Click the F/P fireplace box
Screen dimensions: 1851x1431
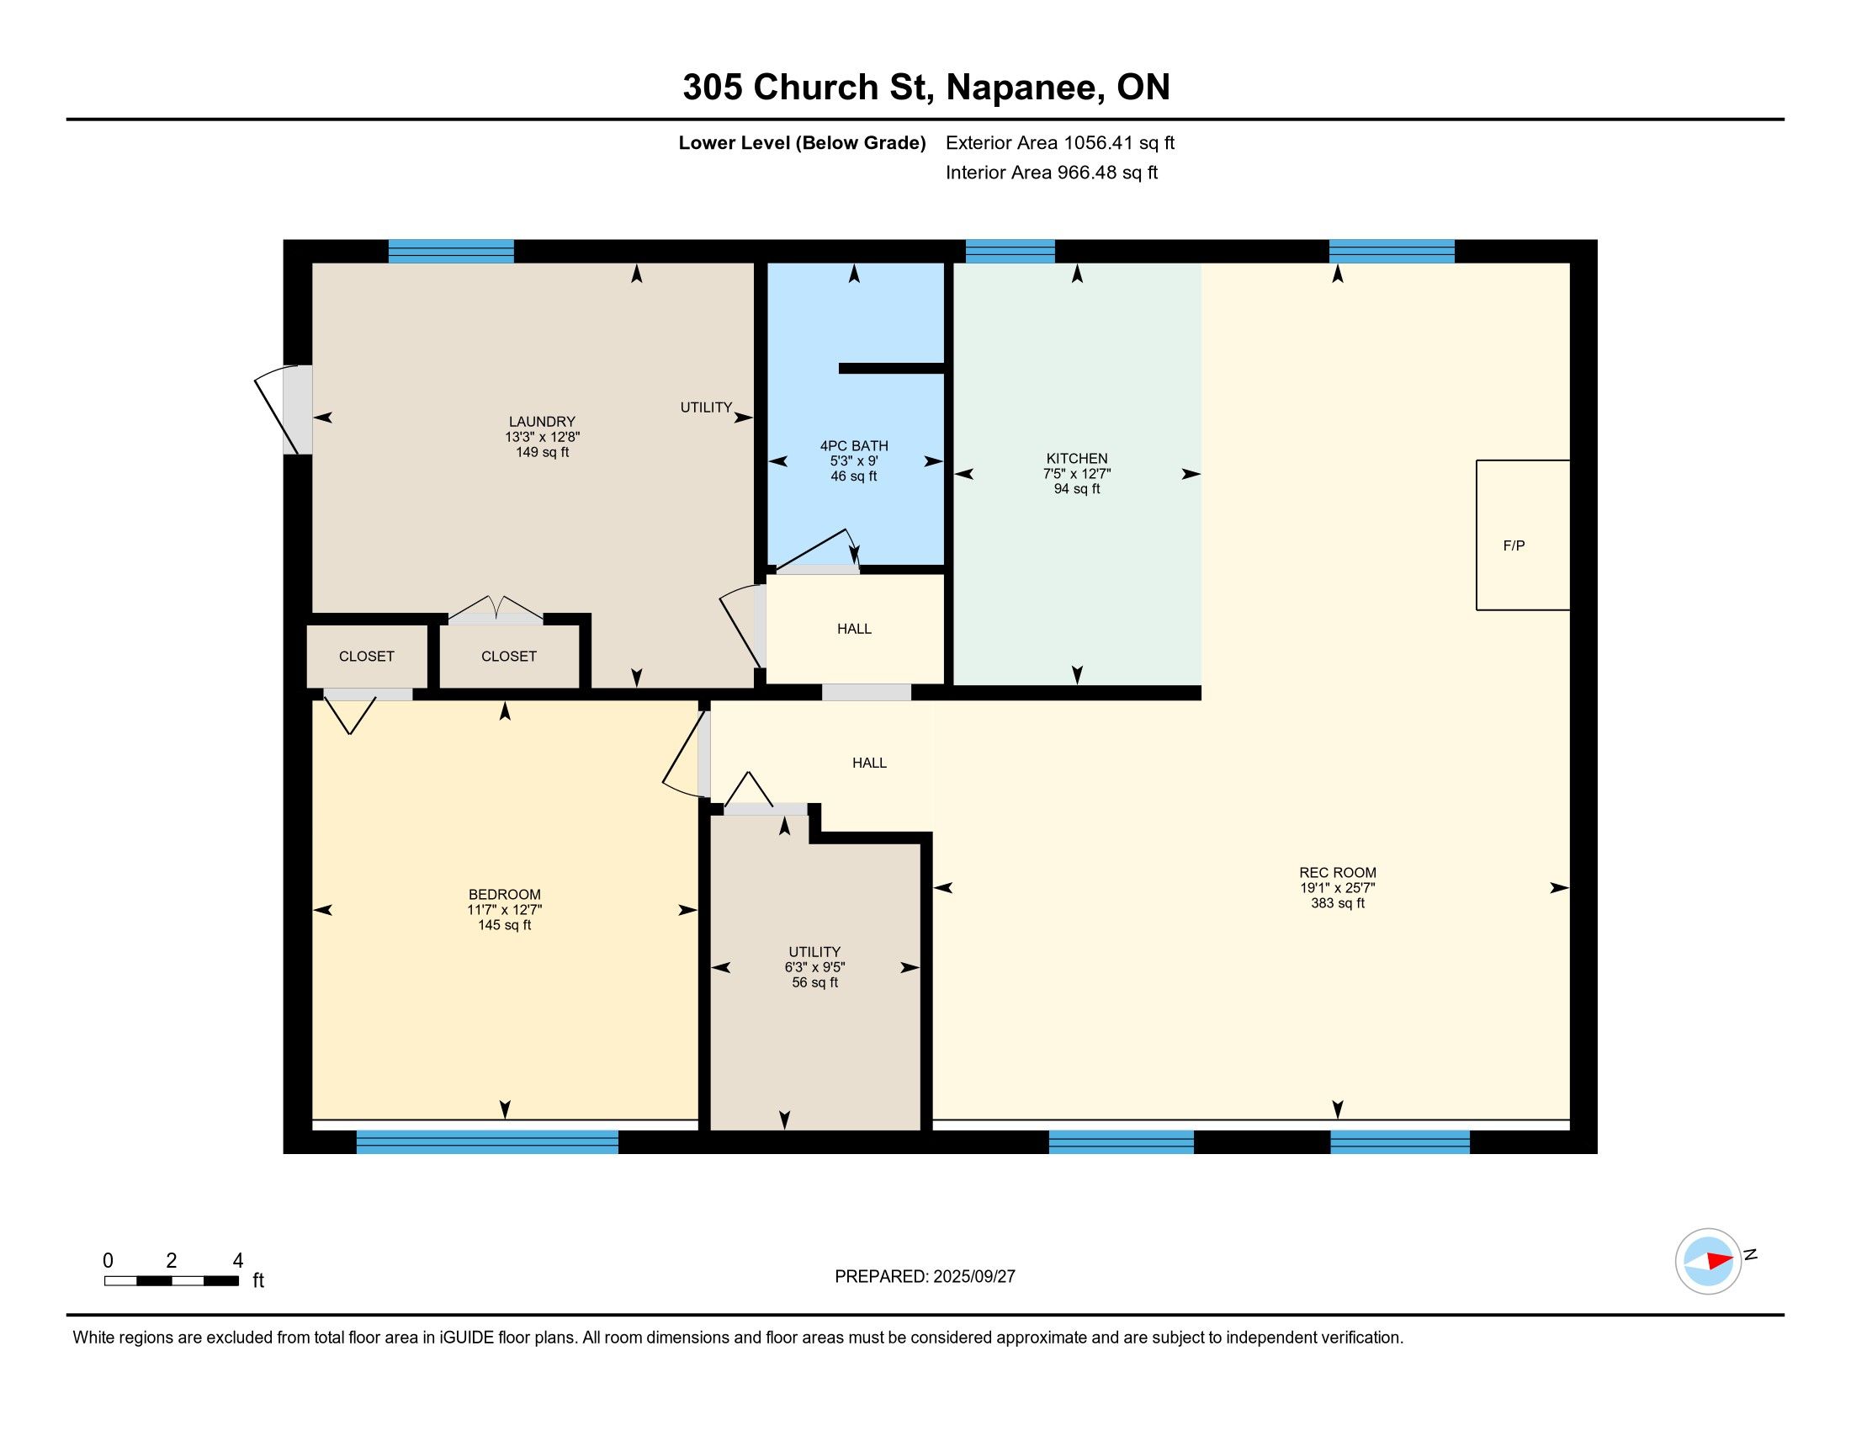point(1522,535)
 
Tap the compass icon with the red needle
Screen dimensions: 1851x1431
point(1708,1261)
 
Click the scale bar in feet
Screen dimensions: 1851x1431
point(171,1280)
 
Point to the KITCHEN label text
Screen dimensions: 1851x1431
point(1076,459)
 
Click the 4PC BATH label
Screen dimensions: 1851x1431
point(853,446)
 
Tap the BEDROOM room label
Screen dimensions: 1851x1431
point(504,894)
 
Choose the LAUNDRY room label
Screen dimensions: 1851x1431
point(542,422)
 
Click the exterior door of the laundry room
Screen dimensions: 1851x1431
point(284,409)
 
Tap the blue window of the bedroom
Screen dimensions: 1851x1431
point(487,1142)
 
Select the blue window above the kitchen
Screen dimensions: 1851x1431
point(1010,252)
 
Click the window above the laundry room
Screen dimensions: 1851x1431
point(451,252)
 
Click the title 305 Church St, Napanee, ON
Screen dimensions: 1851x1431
point(926,88)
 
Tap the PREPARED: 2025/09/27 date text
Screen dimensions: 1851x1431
point(925,1276)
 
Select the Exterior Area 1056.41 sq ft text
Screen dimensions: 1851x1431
point(1060,142)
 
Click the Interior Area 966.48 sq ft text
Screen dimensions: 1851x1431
point(1052,172)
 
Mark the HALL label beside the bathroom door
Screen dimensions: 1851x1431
point(853,628)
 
